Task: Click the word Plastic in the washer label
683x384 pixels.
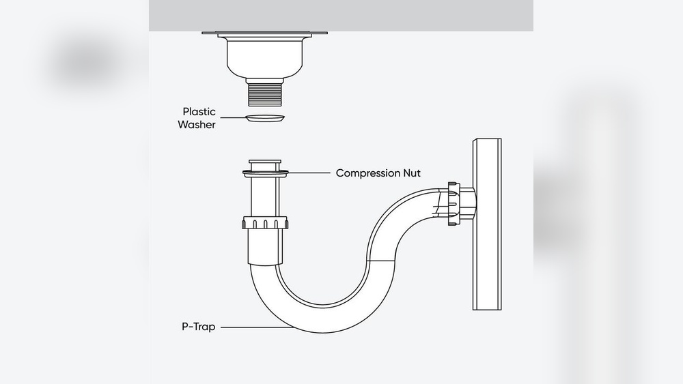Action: [x=199, y=112]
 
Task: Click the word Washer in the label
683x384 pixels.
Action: [x=197, y=125]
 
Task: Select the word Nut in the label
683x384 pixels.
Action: [x=412, y=173]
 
